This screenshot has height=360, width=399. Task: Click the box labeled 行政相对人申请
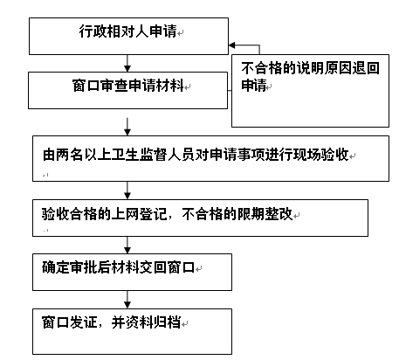[128, 36]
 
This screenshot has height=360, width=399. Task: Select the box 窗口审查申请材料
[127, 91]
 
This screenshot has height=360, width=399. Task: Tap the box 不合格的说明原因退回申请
[310, 91]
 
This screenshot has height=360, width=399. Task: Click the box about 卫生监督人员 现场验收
[210, 158]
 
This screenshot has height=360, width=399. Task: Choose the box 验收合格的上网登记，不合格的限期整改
[200, 218]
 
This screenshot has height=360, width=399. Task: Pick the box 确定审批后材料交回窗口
[132, 272]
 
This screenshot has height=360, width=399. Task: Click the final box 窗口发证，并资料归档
[132, 332]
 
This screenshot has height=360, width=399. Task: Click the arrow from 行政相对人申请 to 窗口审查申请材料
[127, 63]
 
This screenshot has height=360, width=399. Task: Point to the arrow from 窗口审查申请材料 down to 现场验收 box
[127, 127]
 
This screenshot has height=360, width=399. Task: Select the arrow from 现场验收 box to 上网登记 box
[127, 190]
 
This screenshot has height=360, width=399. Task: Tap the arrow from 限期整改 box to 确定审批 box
[127, 245]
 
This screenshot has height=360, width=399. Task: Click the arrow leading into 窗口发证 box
[127, 300]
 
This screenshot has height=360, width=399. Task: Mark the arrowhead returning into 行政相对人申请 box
[231, 45]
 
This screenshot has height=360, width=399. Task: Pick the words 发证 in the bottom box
[83, 322]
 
